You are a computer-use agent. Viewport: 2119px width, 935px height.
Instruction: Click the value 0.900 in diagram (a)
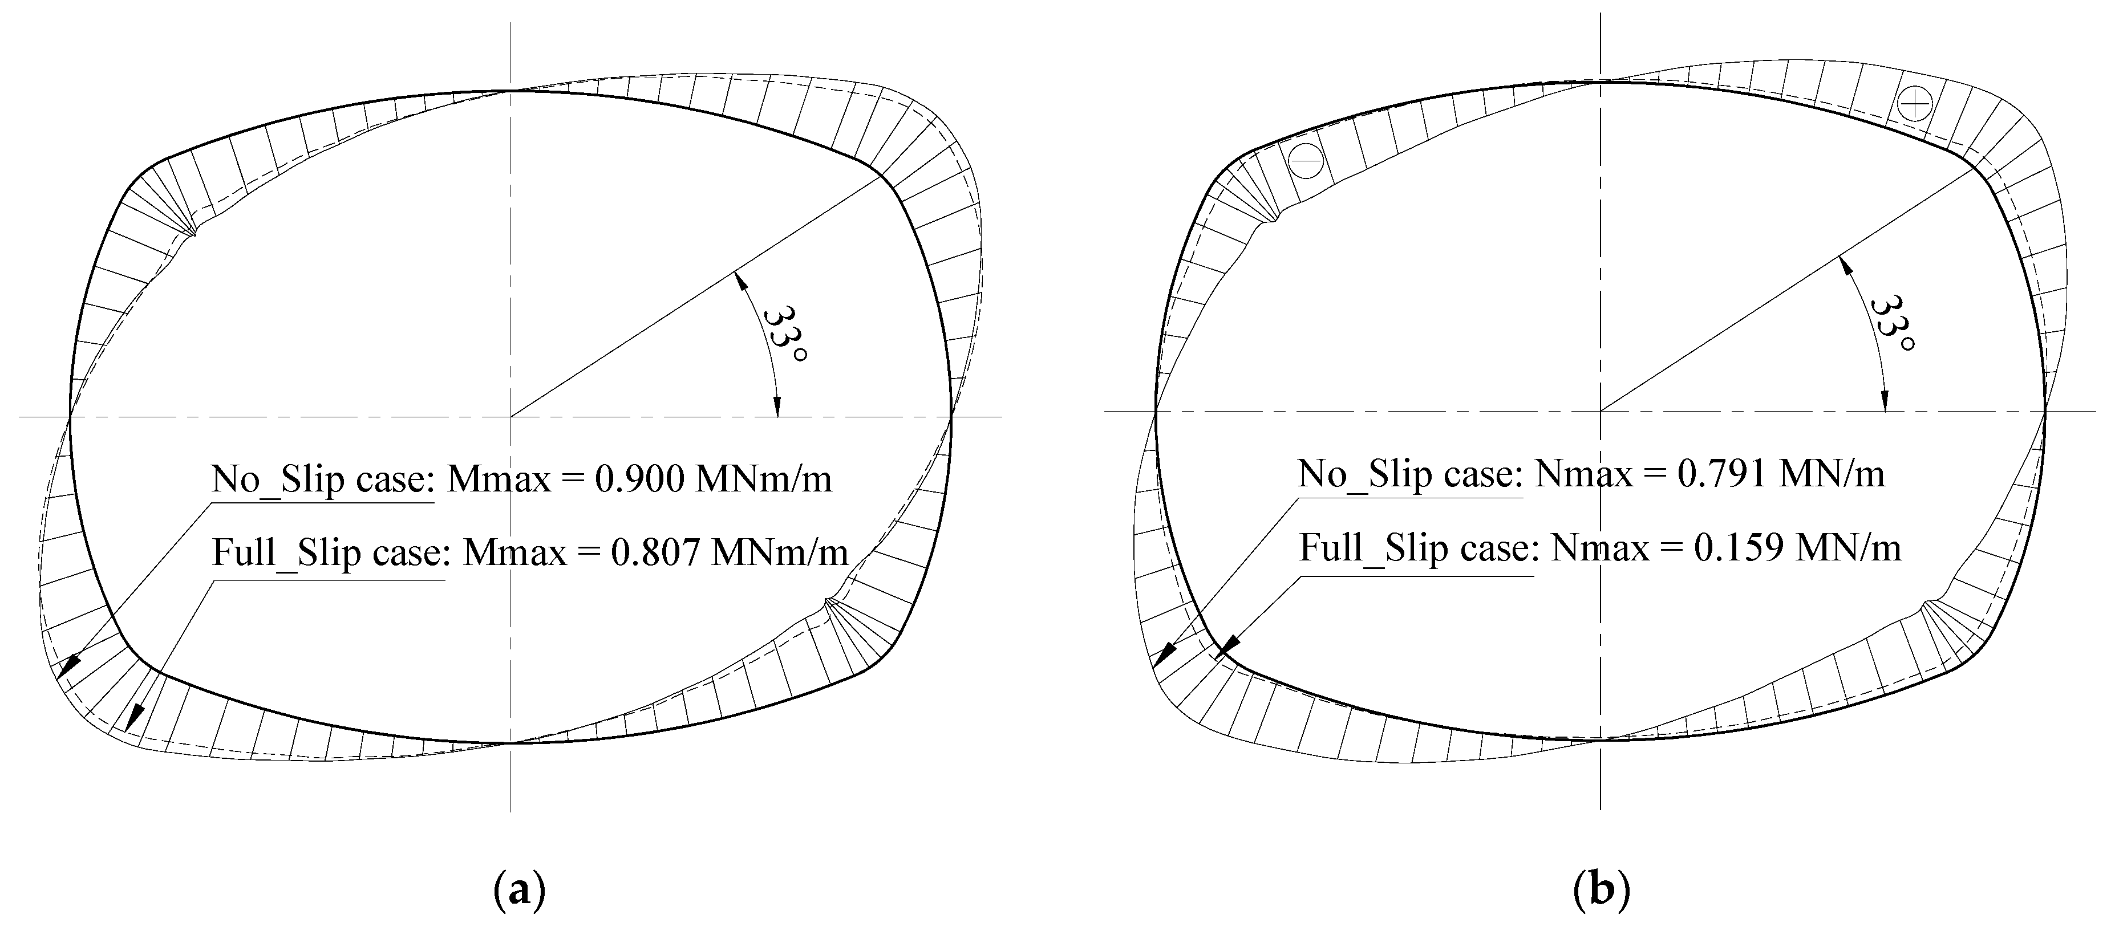click(638, 478)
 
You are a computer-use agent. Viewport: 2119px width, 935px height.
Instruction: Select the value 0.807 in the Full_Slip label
click(655, 552)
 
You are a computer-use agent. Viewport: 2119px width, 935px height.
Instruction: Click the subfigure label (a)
click(519, 891)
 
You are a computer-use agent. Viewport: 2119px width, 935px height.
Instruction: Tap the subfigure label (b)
click(1601, 891)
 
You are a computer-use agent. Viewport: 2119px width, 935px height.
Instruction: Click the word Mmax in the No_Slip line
click(499, 478)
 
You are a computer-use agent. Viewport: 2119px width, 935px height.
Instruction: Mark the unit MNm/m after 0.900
click(763, 478)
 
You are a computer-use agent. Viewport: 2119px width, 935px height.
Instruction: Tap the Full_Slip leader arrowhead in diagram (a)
click(132, 717)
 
